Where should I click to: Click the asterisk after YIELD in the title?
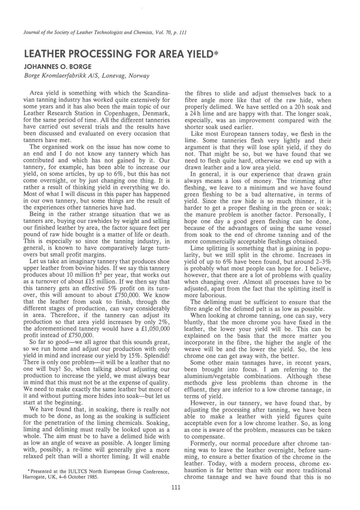point(216,54)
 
